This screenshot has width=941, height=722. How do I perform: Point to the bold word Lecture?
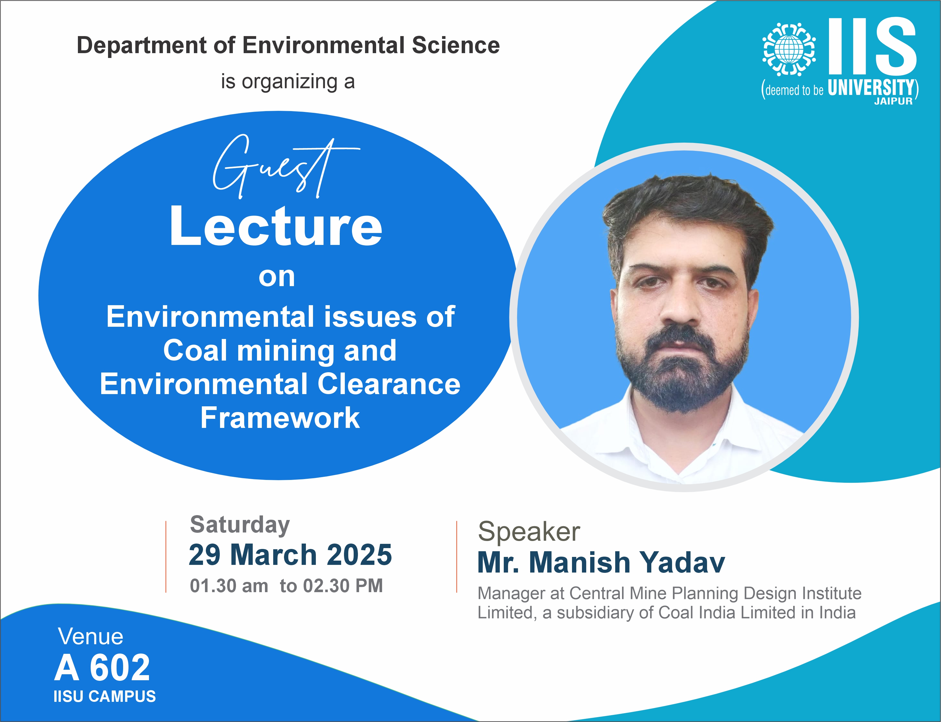click(276, 226)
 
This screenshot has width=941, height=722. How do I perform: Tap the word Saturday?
click(240, 525)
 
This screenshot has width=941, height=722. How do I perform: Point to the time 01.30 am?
click(229, 586)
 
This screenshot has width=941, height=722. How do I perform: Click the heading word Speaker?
click(529, 532)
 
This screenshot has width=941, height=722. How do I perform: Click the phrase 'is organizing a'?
click(288, 82)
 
